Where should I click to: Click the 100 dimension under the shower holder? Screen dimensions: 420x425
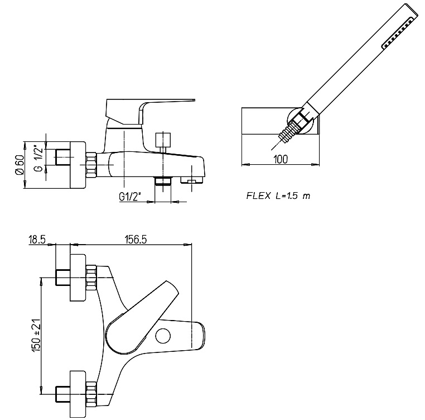tap(281, 159)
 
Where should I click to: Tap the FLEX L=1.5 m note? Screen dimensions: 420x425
tap(278, 196)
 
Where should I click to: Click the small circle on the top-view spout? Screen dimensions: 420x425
tap(163, 336)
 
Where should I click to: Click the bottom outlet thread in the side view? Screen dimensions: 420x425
tap(163, 180)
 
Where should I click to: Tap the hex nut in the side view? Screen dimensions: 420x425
tap(91, 165)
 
